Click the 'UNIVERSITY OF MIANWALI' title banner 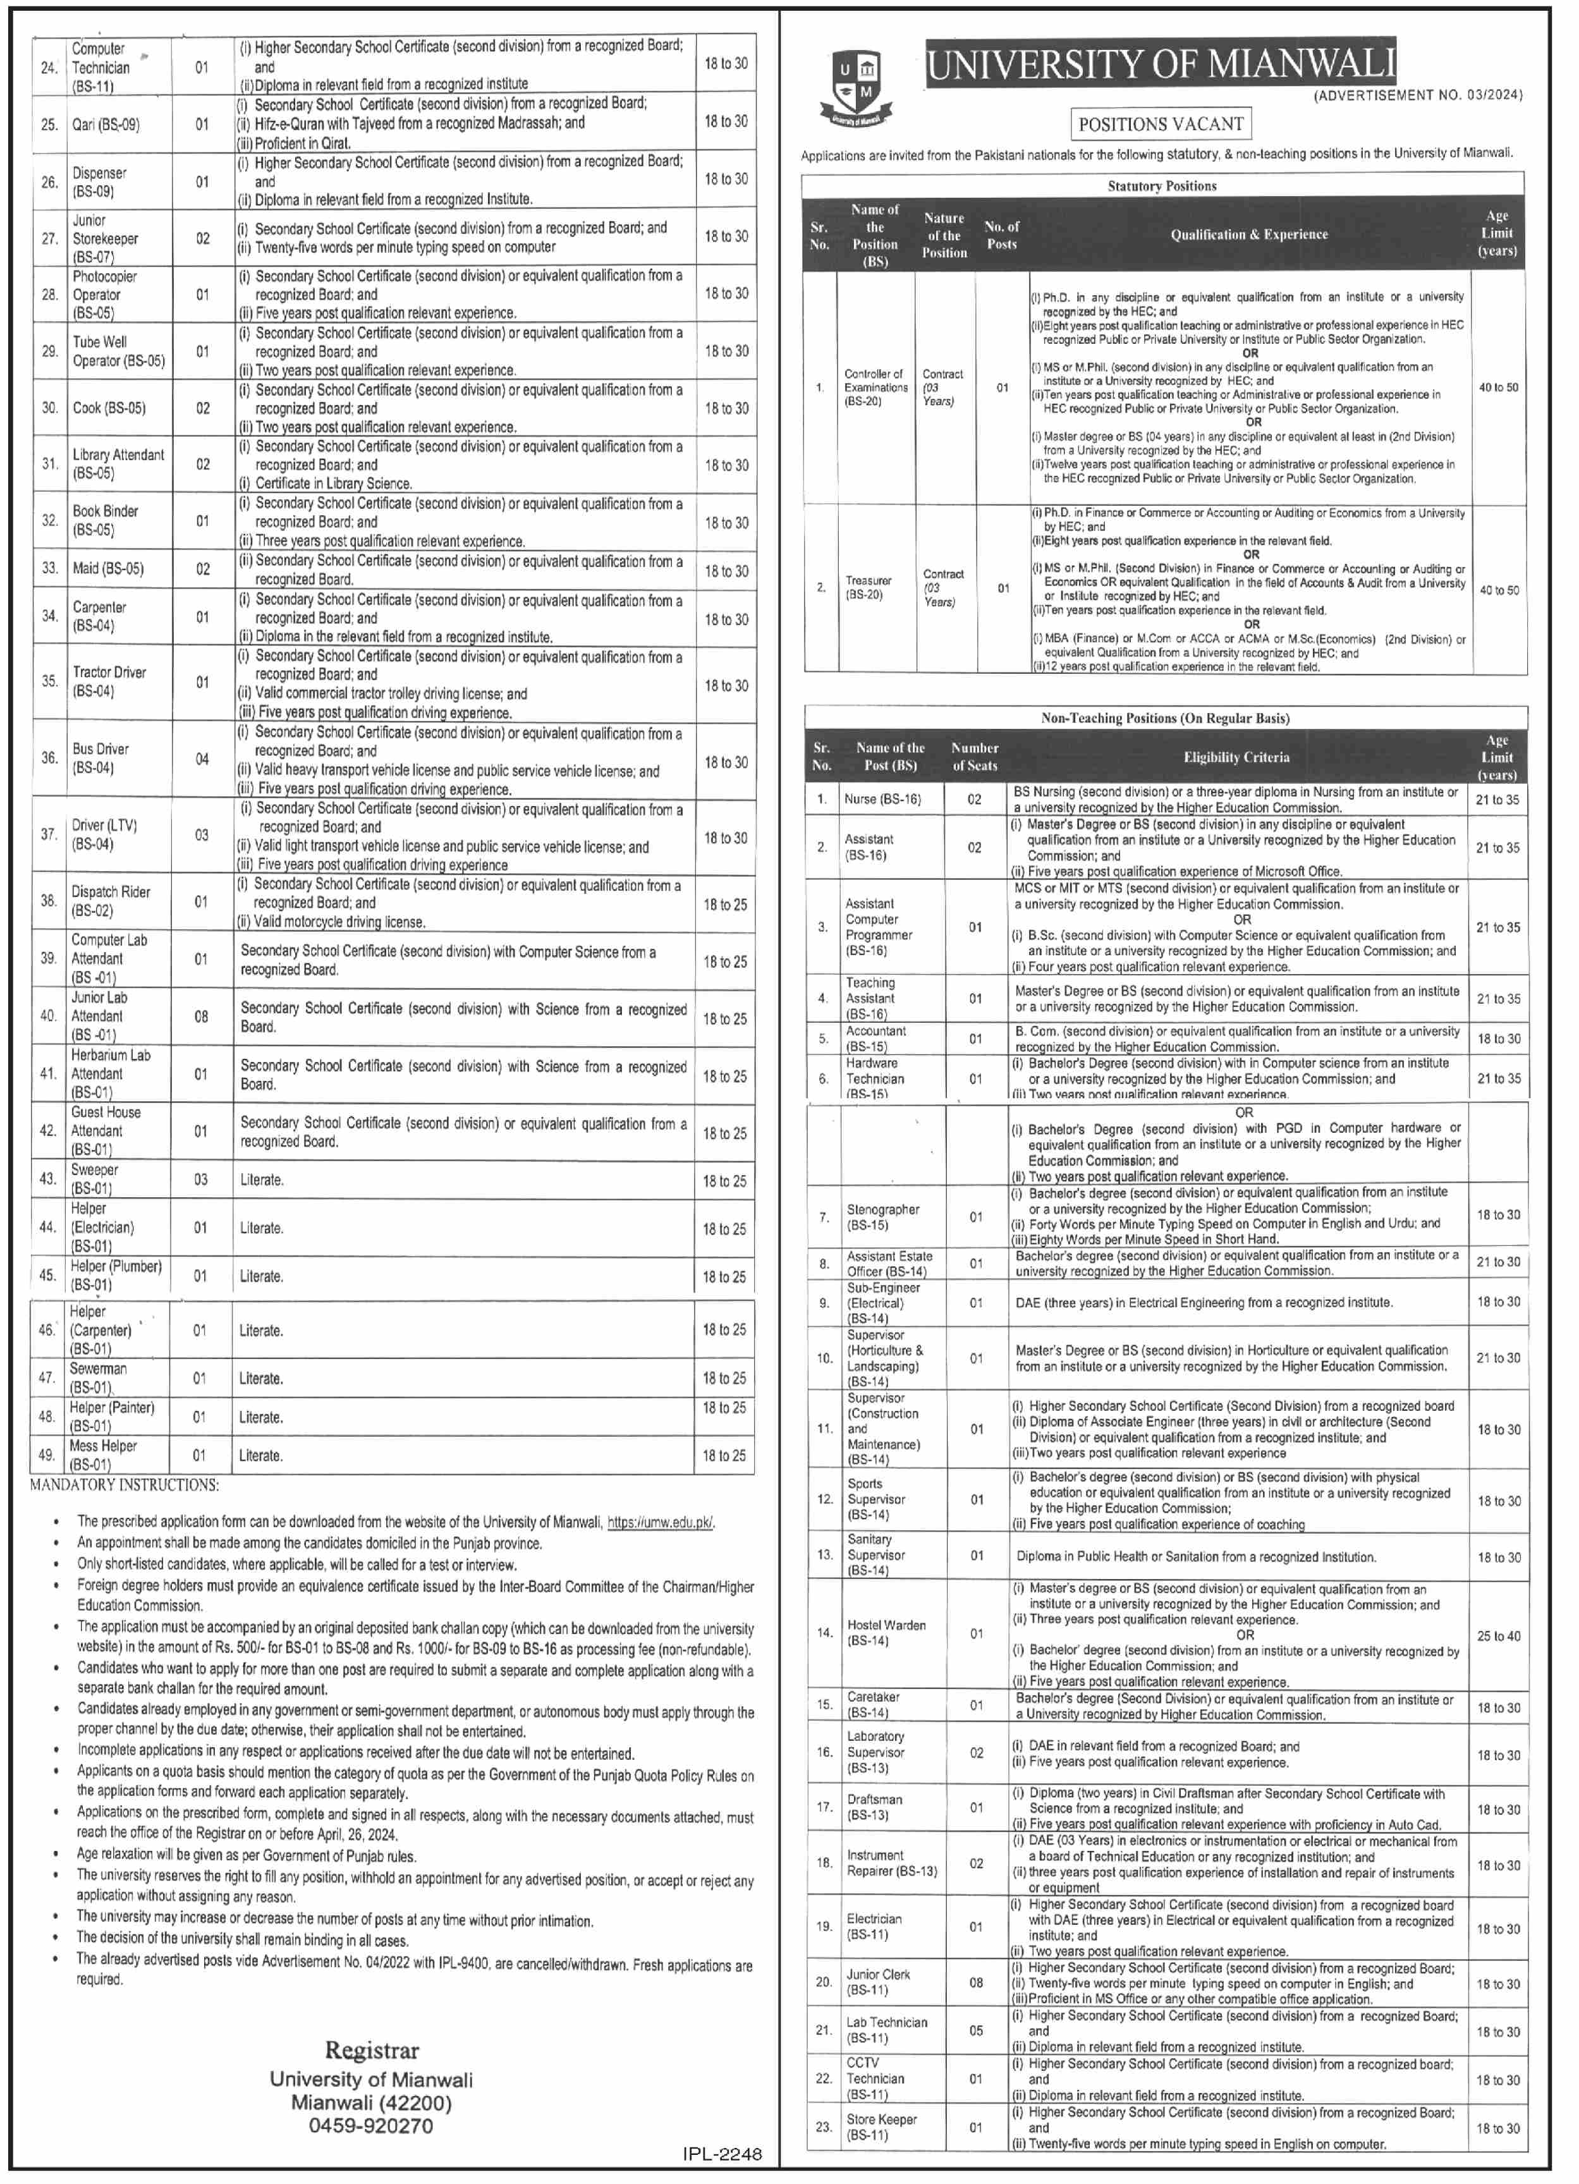click(x=1160, y=64)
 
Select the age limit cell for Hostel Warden click(x=1498, y=1636)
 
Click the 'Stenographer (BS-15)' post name click(x=882, y=1217)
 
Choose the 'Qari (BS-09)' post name click(x=106, y=125)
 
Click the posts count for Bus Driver click(x=202, y=759)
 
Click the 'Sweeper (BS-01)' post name click(x=94, y=1179)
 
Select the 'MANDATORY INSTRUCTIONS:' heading click(x=124, y=1485)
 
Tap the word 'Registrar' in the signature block click(x=372, y=2050)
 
